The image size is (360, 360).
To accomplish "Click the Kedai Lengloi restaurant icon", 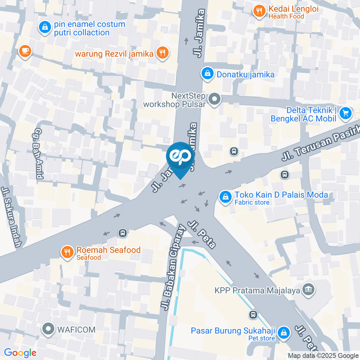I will click(259, 11).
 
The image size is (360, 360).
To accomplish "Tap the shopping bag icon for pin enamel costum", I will click(45, 27).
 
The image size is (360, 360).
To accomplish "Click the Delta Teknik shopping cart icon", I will click(345, 113).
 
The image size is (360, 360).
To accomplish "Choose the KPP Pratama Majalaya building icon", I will click(308, 289).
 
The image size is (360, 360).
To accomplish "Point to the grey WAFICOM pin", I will click(48, 329).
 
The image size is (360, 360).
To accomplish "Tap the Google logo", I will click(20, 352).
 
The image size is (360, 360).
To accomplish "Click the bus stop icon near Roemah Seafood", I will click(122, 233).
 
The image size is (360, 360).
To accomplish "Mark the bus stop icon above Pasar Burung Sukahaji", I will click(253, 314).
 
